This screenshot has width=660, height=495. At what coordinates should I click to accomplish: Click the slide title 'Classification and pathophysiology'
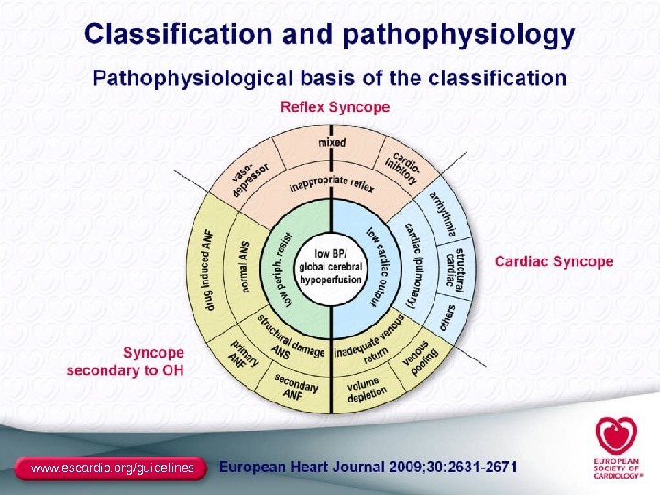click(x=330, y=36)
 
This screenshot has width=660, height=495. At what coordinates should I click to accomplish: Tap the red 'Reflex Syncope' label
click(x=335, y=107)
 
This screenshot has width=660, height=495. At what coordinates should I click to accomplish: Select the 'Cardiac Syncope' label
click(x=554, y=261)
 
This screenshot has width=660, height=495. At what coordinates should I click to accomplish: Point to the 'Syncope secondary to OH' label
click(x=126, y=361)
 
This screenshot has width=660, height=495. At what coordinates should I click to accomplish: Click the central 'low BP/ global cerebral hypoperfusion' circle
click(x=331, y=267)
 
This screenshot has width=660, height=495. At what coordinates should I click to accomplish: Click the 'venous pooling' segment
click(x=420, y=361)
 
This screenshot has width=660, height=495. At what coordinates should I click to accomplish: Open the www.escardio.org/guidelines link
click(x=113, y=467)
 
